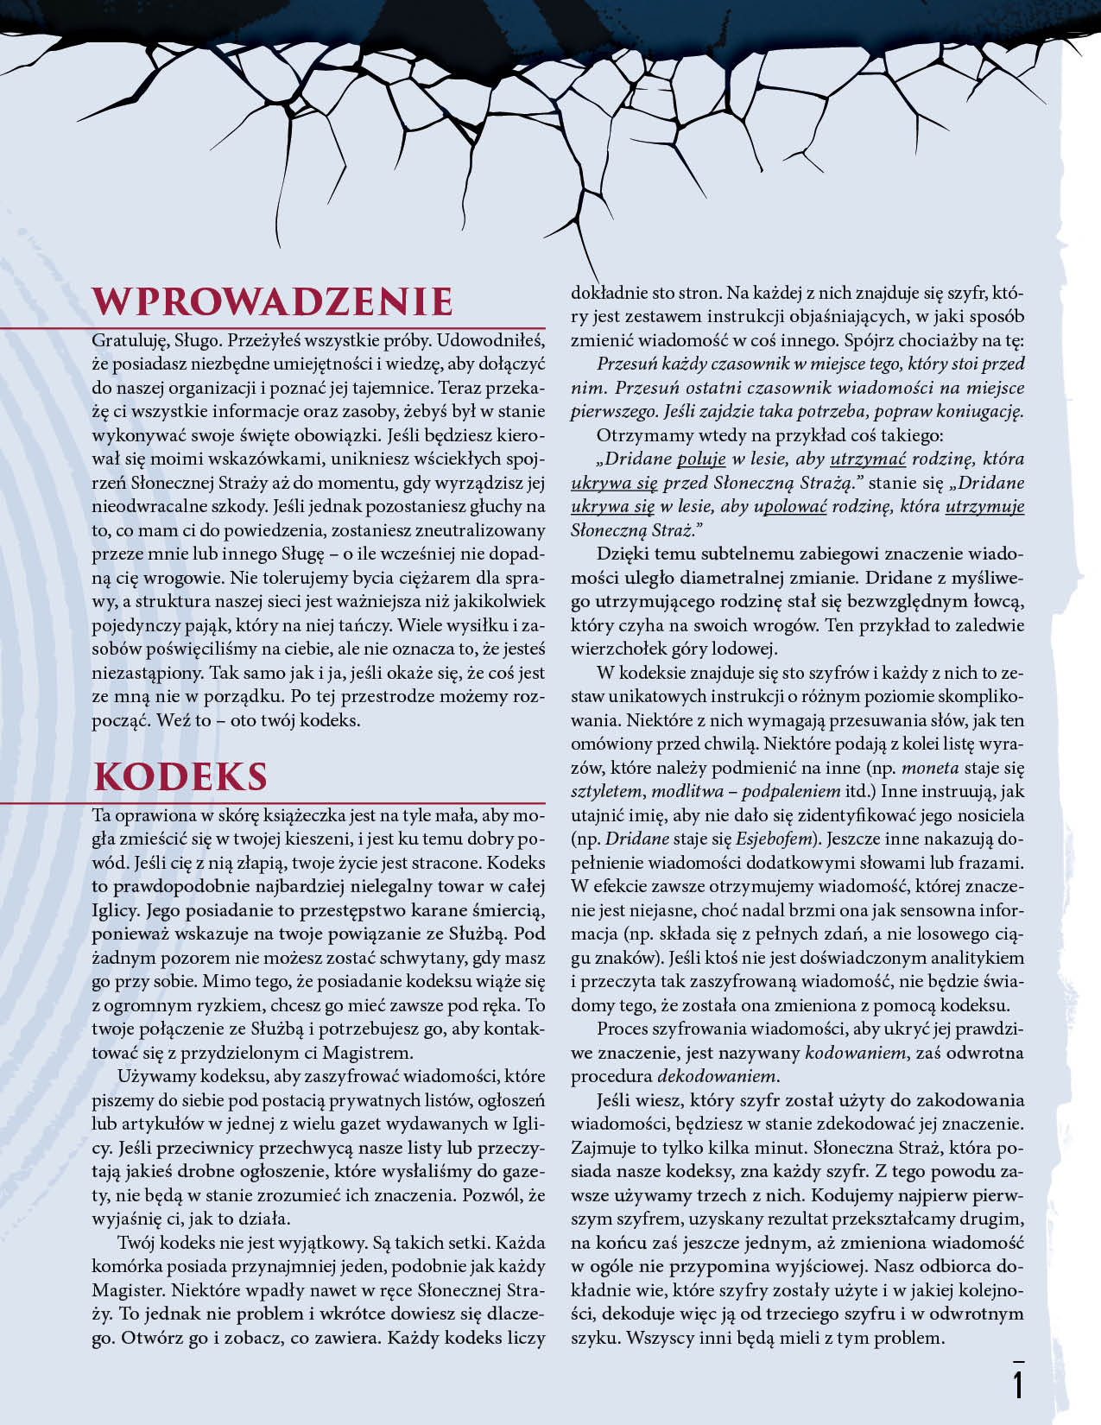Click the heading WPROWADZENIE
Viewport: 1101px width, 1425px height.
(273, 302)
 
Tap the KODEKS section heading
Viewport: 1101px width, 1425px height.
(180, 777)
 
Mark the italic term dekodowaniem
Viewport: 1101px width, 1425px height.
(717, 1076)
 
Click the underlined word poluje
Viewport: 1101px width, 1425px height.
(701, 459)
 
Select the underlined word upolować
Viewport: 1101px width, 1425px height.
(790, 506)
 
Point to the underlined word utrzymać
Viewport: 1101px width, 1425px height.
(867, 459)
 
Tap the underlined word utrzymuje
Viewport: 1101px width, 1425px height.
(984, 506)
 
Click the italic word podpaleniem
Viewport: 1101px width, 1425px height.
(791, 791)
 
